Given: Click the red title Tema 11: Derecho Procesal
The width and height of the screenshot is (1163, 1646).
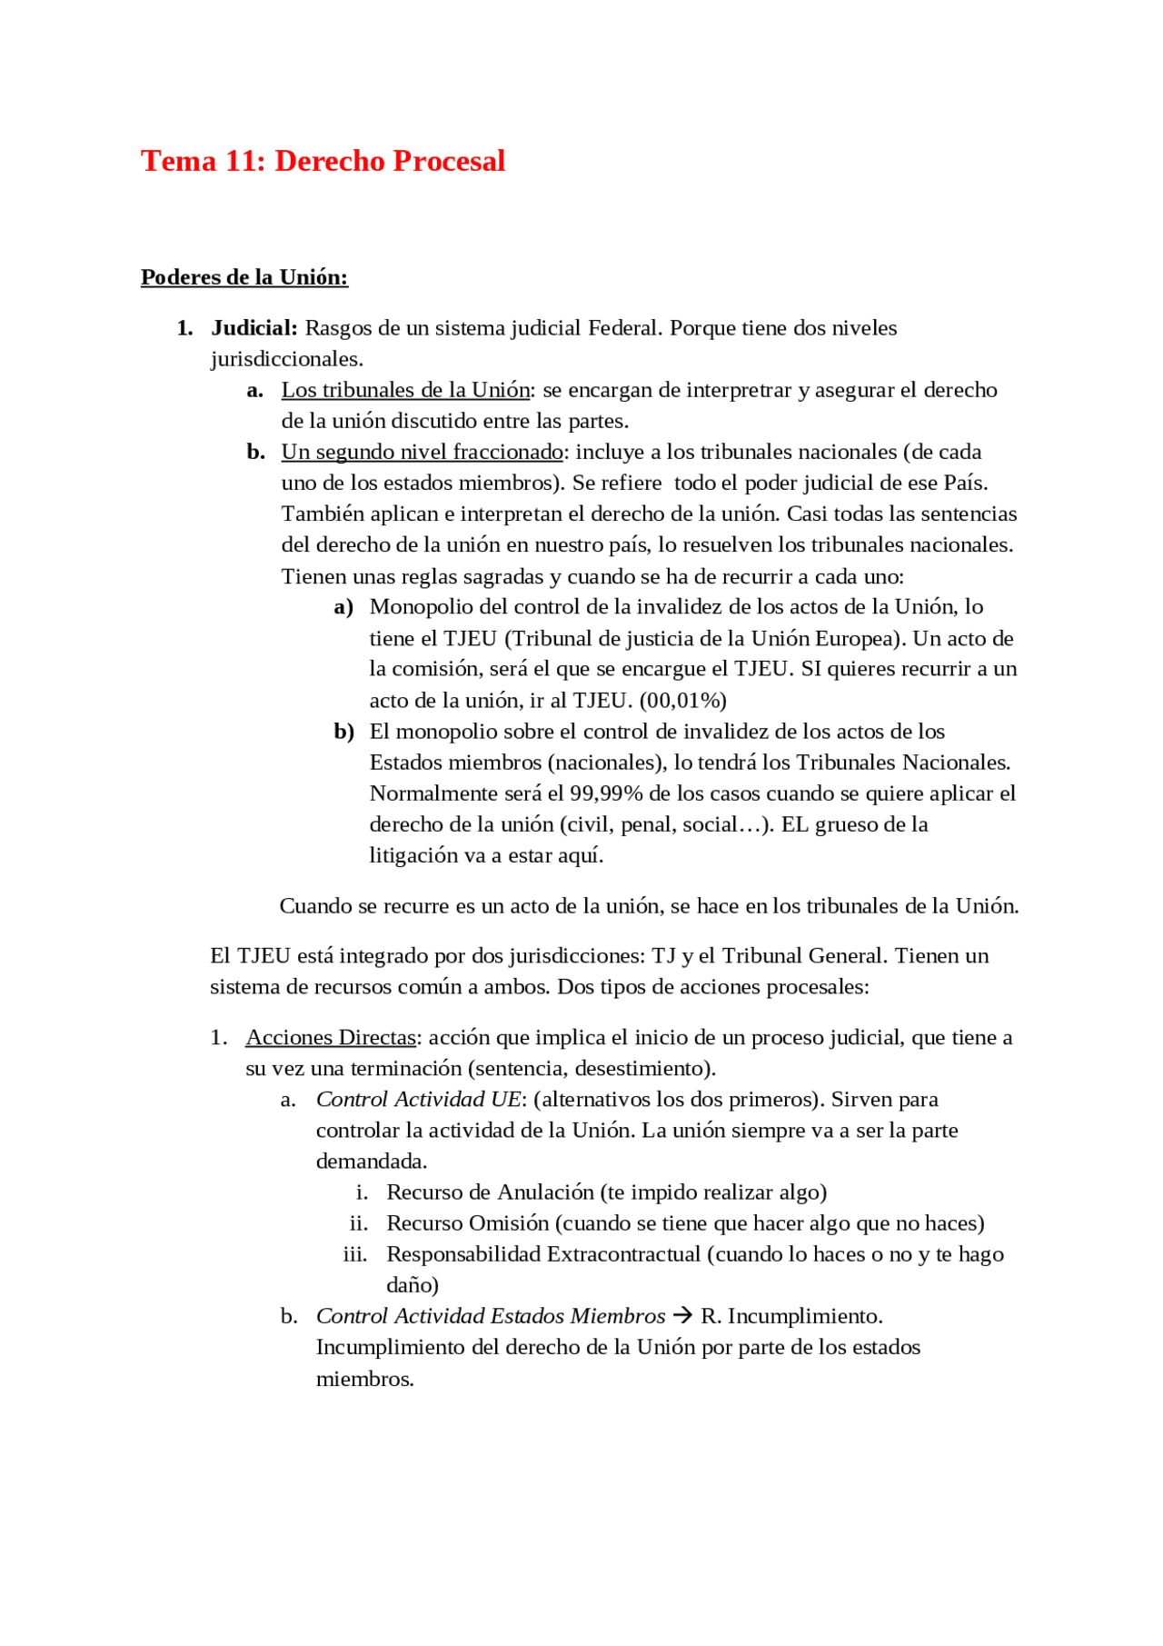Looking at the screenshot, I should tap(323, 161).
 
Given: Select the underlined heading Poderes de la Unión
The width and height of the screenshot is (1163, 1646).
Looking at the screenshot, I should tap(244, 277).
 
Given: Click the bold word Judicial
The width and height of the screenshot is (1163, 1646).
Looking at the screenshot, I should tap(253, 328).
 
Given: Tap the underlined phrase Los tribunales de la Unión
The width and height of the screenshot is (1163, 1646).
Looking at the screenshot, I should tap(405, 390).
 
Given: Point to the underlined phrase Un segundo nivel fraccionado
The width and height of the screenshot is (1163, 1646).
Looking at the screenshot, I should tap(422, 452).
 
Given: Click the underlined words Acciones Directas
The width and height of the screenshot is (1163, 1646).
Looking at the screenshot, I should tap(331, 1037).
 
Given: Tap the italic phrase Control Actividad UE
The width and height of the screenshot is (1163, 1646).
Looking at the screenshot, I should tap(418, 1099).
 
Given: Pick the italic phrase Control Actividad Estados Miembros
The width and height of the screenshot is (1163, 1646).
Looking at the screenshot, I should tap(491, 1316).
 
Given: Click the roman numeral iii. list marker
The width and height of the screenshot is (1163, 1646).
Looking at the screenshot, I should tap(355, 1254).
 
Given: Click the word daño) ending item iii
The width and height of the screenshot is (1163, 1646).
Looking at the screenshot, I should tap(413, 1285).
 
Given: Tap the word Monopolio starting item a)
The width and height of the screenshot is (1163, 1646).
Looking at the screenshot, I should tap(421, 606).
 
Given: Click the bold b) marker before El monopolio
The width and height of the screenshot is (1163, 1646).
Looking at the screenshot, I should tap(343, 732).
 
